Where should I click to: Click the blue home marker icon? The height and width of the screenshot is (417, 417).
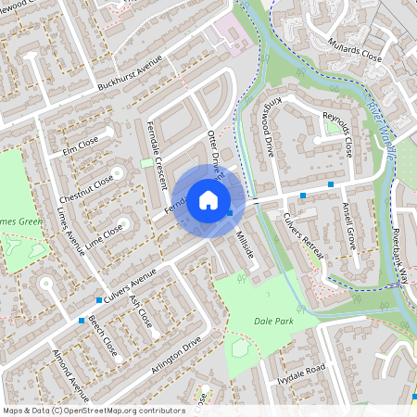click(x=208, y=200)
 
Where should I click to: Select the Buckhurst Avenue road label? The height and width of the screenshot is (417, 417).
click(x=130, y=74)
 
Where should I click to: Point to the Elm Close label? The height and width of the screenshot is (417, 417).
click(x=81, y=145)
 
